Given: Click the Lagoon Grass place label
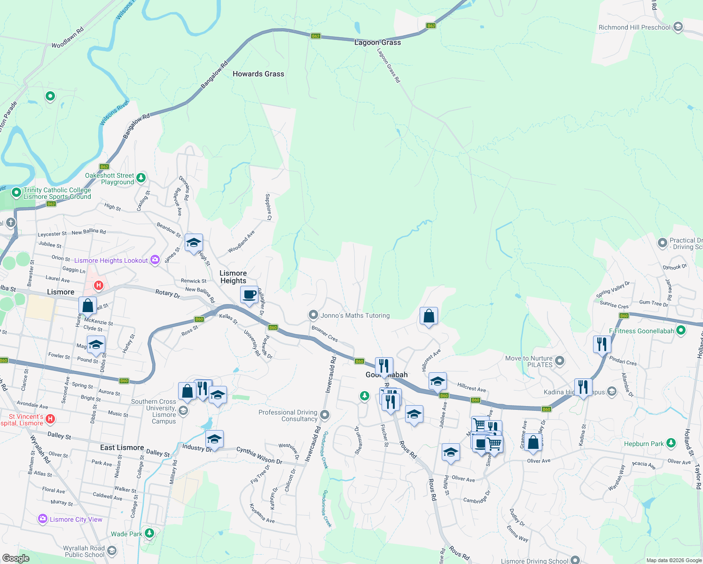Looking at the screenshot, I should pos(377,42).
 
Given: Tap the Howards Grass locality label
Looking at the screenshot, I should pos(258,74).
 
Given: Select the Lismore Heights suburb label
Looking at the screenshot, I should pos(233,277).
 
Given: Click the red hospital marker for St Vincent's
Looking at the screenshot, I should pos(51,418).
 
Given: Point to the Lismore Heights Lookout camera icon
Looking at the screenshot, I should pos(155,260).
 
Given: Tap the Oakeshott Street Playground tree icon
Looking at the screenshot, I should pos(141,178).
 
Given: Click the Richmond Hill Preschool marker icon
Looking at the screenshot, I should pos(678,27).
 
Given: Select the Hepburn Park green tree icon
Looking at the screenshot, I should pos(671,443).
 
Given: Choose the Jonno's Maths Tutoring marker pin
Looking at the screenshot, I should pos(313,315).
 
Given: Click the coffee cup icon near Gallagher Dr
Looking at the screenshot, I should pos(249,295).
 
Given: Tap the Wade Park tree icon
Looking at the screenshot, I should pos(149,533).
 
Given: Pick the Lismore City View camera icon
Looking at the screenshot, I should pos(43,519).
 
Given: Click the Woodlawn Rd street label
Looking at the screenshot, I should pos(68,37).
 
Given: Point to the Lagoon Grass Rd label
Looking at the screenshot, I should pos(389,66).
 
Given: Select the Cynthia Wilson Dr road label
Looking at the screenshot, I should pos(259,455).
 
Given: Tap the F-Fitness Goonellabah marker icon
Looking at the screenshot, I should pos(680,330).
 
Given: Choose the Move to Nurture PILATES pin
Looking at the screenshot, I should pos(559,361).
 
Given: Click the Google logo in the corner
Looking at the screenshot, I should pos(16,558).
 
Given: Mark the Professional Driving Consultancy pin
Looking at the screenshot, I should pos(325,415).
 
